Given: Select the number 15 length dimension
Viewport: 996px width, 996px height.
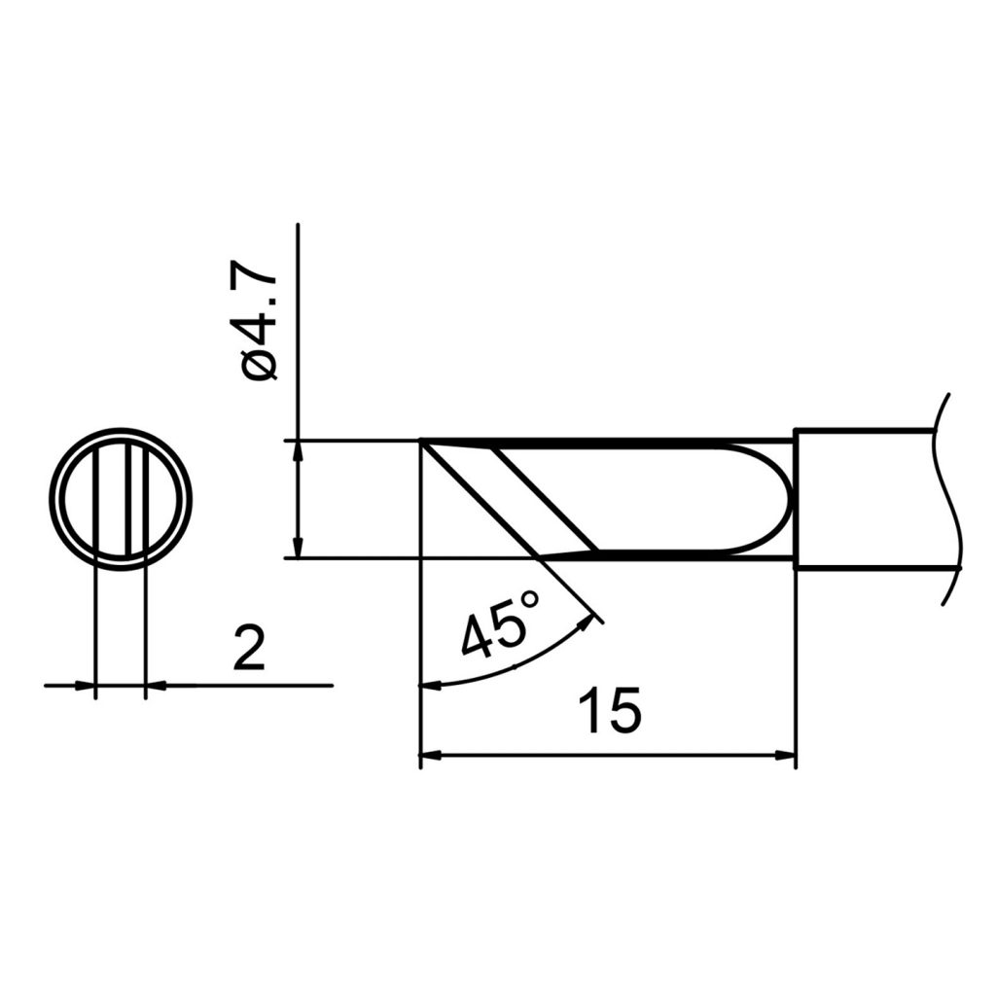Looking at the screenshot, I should [610, 711].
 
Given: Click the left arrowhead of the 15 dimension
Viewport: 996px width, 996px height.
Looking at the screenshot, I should [430, 754].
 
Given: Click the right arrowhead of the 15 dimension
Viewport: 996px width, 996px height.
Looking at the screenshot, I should [786, 754].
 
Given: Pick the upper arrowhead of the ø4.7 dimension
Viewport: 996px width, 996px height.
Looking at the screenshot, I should [298, 451].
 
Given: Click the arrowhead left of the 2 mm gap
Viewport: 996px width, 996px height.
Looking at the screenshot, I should [85, 686].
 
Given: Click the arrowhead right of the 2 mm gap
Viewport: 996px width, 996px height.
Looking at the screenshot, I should [156, 686].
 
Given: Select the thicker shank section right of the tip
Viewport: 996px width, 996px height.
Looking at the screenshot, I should [861, 499].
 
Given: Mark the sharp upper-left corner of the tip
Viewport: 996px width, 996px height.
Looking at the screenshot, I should [422, 443].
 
